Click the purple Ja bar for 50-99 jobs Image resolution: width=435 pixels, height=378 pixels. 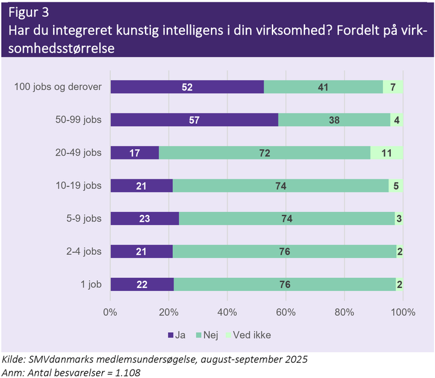(x=193, y=120)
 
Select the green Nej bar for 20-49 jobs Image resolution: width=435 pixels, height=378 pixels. (x=265, y=152)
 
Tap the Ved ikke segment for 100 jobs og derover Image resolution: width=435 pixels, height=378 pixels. (x=393, y=87)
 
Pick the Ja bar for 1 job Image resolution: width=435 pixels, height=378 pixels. (x=141, y=284)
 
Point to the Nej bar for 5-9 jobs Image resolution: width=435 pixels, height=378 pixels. (x=287, y=218)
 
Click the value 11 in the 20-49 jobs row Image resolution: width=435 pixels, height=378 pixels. (x=387, y=153)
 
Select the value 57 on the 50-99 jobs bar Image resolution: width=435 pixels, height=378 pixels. (x=194, y=120)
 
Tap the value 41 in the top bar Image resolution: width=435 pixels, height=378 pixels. (x=323, y=87)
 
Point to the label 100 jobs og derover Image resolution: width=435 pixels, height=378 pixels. (x=58, y=87)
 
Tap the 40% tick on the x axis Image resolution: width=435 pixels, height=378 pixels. (x=227, y=312)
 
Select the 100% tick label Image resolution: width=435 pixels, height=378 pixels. (x=402, y=312)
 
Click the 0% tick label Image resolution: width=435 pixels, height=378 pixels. (x=110, y=312)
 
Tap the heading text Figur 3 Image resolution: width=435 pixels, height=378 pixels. (x=28, y=12)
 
